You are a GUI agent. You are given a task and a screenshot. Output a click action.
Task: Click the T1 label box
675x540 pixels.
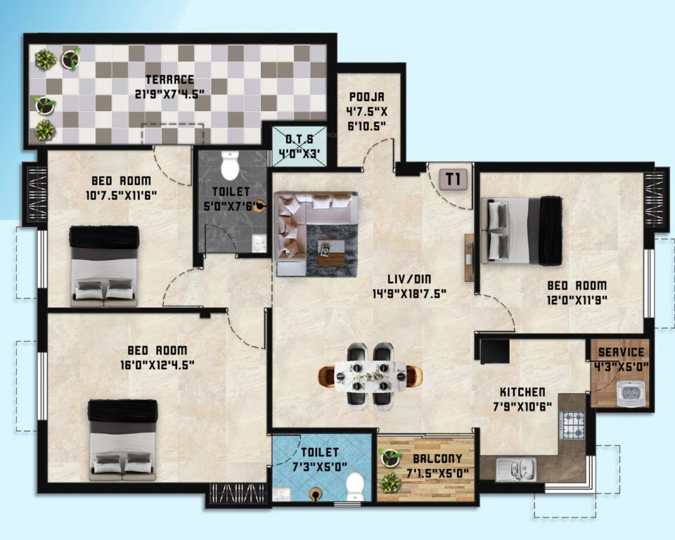pyautogui.click(x=454, y=179)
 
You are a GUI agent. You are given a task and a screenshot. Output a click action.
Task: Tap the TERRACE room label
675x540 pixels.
pyautogui.click(x=169, y=79)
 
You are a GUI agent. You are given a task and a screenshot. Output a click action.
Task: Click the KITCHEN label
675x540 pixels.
pyautogui.click(x=522, y=392)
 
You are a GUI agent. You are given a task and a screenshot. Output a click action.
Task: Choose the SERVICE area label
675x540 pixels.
pyautogui.click(x=621, y=352)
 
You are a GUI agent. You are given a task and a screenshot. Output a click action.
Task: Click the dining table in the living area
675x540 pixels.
pyautogui.click(x=371, y=374)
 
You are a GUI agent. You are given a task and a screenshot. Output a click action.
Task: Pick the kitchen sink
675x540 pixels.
pyautogui.click(x=515, y=469)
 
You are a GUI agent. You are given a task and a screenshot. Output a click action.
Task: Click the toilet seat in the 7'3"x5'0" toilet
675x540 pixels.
pyautogui.click(x=356, y=484)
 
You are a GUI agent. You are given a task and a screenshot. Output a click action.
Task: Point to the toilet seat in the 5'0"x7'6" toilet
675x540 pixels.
pyautogui.click(x=230, y=166)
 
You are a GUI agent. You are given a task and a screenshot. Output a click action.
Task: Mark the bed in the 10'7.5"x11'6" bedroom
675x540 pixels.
pyautogui.click(x=104, y=265)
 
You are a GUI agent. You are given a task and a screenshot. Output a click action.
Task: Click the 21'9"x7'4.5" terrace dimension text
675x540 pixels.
pyautogui.click(x=169, y=93)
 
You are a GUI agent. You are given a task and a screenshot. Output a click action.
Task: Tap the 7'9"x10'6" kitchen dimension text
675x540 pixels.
pyautogui.click(x=522, y=406)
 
